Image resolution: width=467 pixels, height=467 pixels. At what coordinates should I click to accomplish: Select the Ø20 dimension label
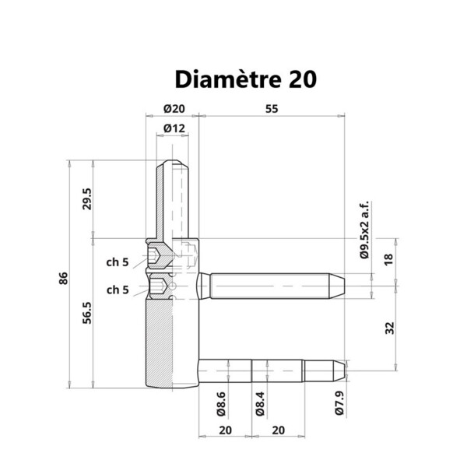tap(174, 109)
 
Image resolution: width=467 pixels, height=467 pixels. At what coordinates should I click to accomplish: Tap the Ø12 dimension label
tap(174, 128)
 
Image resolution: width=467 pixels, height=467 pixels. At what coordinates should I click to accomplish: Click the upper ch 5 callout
tap(118, 262)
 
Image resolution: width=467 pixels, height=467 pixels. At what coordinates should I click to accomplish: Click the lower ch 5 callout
tap(118, 290)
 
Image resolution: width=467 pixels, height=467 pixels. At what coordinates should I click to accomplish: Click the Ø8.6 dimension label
tap(221, 402)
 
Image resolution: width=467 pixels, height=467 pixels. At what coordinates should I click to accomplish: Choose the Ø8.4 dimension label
tap(261, 402)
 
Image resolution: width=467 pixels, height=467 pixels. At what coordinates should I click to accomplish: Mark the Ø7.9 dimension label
tap(339, 402)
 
